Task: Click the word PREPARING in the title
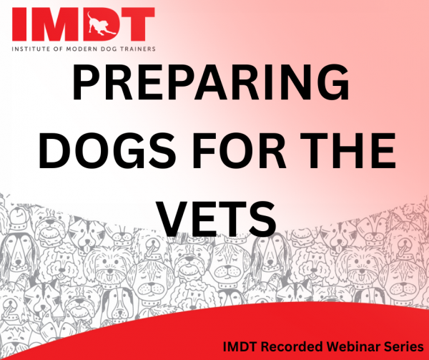(x=210, y=82)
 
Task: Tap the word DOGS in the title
(x=107, y=150)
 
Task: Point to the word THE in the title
(x=345, y=150)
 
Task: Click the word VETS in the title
(x=217, y=219)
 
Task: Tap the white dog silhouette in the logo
(x=102, y=24)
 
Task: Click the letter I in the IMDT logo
(x=19, y=24)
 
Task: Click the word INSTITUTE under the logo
(x=31, y=49)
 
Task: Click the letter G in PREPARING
(x=333, y=82)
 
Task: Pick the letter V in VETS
(x=175, y=219)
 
